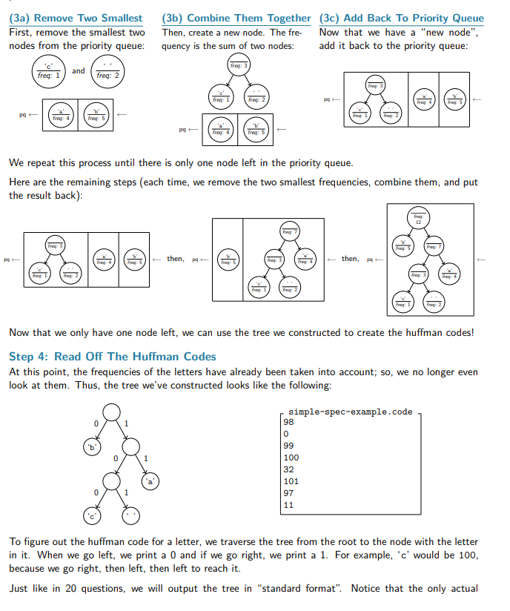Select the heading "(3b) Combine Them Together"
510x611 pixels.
236,18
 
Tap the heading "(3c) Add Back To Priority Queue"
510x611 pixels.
401,18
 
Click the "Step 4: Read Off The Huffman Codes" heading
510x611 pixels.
112,357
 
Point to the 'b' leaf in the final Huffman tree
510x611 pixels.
93,446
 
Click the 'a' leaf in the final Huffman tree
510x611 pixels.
151,480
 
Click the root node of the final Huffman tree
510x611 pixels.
111,412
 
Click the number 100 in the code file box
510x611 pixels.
291,458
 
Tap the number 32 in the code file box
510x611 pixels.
288,469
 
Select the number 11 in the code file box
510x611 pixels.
288,505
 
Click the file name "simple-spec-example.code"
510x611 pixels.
350,412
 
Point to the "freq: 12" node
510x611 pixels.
419,218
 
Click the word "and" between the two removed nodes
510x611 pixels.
79,71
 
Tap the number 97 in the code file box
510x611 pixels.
288,493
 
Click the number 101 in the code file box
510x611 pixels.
291,481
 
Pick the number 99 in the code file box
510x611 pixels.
288,446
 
